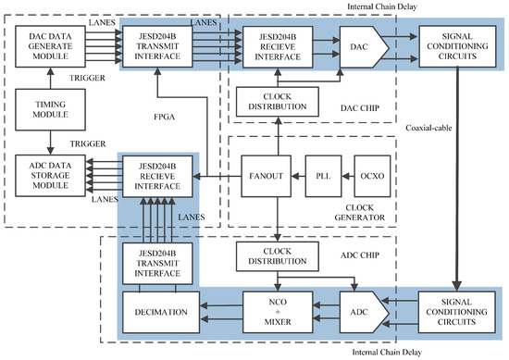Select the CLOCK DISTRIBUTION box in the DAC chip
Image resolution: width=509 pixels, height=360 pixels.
(279, 103)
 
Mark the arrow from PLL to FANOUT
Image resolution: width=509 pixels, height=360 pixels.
(299, 175)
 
